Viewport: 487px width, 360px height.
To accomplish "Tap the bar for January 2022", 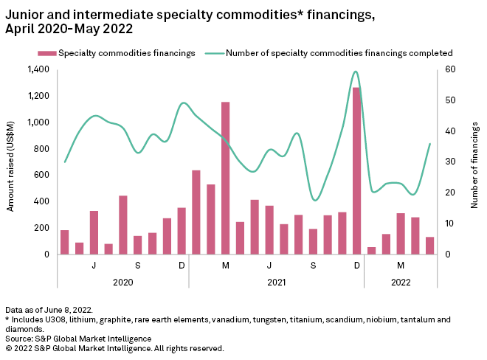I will coord(371,251).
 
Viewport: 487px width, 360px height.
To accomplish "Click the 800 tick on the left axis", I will coord(41,148).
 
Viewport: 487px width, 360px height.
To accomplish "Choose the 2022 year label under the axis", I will coord(400,281).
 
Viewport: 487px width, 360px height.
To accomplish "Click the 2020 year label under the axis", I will coord(123,281).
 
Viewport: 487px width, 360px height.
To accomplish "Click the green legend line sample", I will coord(213,53).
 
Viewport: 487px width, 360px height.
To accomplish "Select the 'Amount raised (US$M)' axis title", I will coord(10,162).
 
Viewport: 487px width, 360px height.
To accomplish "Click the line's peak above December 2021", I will coord(356,72).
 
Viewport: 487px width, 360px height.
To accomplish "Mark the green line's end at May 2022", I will coord(430,144).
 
